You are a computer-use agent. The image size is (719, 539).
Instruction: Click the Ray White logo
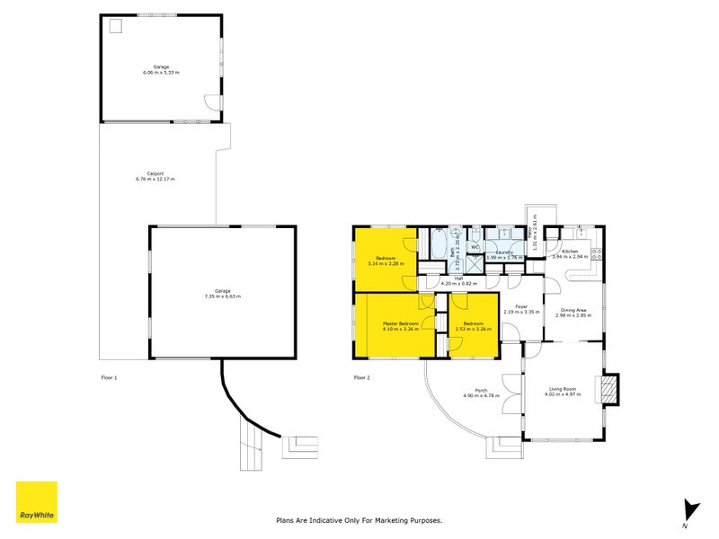36,502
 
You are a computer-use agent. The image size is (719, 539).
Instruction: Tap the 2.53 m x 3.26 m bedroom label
473,325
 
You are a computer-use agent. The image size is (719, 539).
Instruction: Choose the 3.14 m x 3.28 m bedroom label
386,261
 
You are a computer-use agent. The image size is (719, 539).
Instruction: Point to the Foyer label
520,310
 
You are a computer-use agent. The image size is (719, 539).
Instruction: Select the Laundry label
505,253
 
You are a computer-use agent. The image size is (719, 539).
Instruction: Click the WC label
475,247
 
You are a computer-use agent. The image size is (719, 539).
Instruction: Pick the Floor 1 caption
109,377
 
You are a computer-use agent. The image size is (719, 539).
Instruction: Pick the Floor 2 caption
361,377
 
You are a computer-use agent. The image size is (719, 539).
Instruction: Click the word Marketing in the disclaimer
393,520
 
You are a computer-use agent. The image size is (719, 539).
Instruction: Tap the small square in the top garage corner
115,26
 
